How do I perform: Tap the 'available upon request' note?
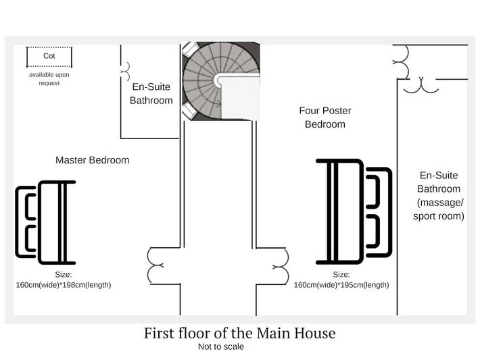click(x=49, y=79)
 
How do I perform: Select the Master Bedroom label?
click(x=93, y=160)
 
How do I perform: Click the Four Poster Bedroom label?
click(x=325, y=118)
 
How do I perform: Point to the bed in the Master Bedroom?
click(x=45, y=222)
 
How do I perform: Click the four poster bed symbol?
click(x=354, y=211)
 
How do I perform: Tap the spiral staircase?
click(x=220, y=81)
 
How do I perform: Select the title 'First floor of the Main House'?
click(x=240, y=333)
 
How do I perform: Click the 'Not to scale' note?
click(x=221, y=346)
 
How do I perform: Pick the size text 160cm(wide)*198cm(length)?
click(x=64, y=285)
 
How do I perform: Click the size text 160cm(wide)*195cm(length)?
click(x=341, y=285)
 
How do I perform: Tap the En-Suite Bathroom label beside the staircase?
click(x=151, y=94)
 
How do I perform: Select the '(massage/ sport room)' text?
click(x=439, y=209)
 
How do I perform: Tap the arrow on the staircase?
click(x=216, y=105)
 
